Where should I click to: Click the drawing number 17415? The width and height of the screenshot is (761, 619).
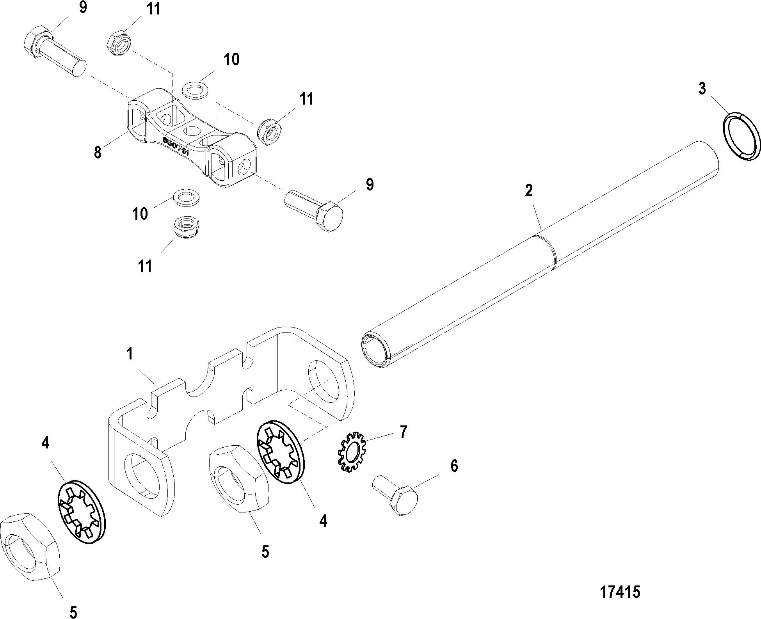pos(619,592)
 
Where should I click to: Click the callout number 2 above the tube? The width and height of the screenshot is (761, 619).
pos(528,191)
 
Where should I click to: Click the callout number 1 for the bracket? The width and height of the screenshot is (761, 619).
pos(129,354)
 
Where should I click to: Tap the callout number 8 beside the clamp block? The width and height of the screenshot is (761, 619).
pos(98,152)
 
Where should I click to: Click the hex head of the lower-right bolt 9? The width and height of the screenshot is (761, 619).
pos(330,216)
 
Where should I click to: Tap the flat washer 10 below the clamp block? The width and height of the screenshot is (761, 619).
pos(185,197)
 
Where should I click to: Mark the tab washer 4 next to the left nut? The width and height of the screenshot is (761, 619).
pos(82,512)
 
